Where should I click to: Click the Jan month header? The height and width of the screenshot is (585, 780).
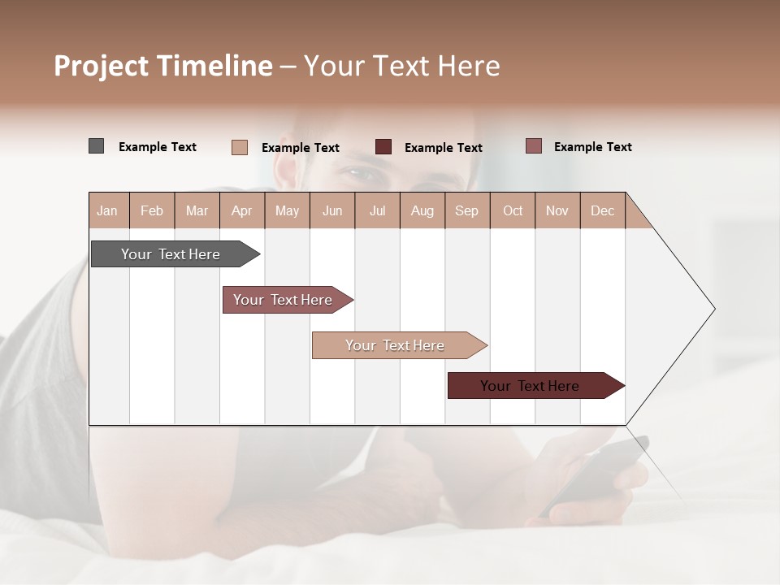pyautogui.click(x=108, y=210)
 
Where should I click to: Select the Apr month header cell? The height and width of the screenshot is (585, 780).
pyautogui.click(x=242, y=210)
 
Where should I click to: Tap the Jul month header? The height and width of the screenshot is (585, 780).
pyautogui.click(x=377, y=210)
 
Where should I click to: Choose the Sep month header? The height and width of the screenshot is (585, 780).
pyautogui.click(x=467, y=210)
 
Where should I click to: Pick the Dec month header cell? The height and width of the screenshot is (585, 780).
pyautogui.click(x=602, y=210)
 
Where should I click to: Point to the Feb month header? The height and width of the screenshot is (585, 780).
pyautogui.click(x=152, y=210)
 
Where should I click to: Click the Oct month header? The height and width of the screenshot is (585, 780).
pyautogui.click(x=513, y=210)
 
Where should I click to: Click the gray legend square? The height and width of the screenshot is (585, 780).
pyautogui.click(x=96, y=146)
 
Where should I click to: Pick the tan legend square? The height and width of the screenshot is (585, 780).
pyautogui.click(x=239, y=147)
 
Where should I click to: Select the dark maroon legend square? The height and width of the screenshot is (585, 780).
pyautogui.click(x=383, y=147)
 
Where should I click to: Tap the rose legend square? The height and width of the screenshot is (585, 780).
pyautogui.click(x=533, y=146)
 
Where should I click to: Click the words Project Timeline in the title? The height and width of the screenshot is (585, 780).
pyautogui.click(x=163, y=66)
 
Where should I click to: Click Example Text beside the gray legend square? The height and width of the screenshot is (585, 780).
pyautogui.click(x=158, y=147)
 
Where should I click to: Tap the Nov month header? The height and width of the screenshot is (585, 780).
pyautogui.click(x=557, y=210)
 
